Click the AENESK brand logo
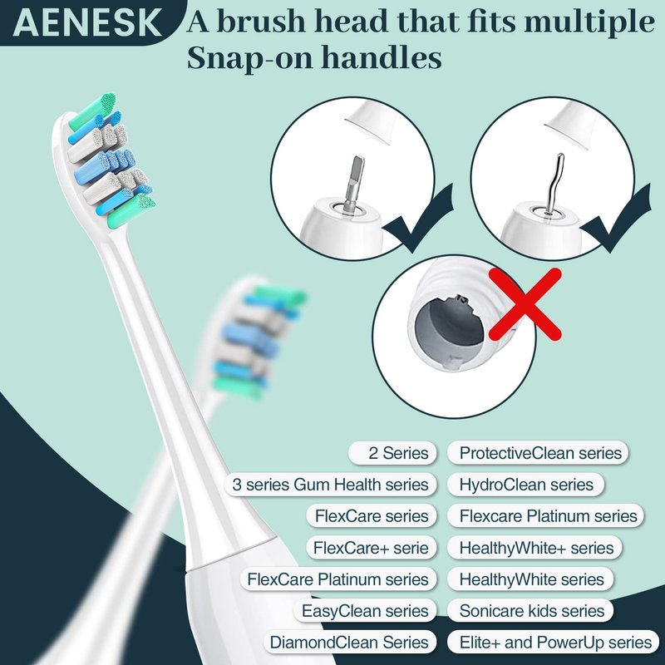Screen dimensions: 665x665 coord(87,22)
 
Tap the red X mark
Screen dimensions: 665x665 coord(525,303)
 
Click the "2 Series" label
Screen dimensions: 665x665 coord(392,453)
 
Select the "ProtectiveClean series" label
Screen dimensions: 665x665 coord(538,453)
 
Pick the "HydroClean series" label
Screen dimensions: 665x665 coord(526,485)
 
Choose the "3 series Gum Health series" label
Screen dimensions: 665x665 coord(330,485)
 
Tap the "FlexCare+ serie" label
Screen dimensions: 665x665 coord(371,548)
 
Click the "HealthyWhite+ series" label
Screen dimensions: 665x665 coord(534,548)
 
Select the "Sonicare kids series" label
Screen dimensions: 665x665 coord(530,611)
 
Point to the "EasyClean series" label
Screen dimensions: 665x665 coord(365,611)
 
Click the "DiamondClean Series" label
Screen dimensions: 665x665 coord(349,642)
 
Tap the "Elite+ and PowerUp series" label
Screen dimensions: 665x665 coord(554,642)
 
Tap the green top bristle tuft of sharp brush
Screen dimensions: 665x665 coord(93,111)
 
